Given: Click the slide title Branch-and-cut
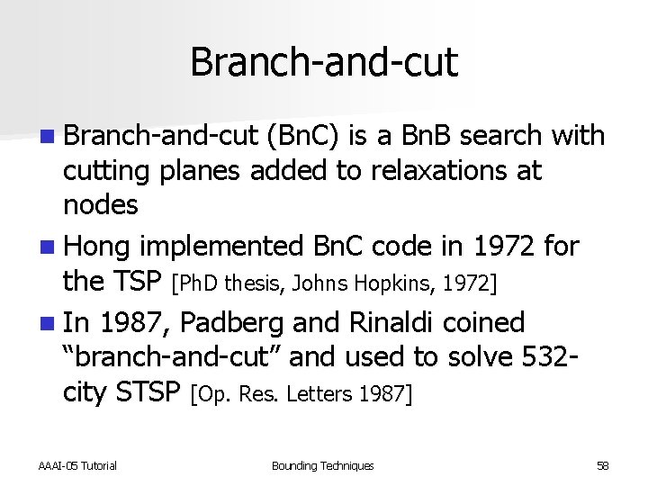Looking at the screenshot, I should tap(324, 62).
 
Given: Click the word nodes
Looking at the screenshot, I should tap(100, 205).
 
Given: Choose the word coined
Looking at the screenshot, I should tap(490, 322).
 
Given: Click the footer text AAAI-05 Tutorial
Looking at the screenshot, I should tap(77, 465).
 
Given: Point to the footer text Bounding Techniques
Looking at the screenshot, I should tap(322, 465).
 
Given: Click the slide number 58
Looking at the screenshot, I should tap(602, 465).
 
